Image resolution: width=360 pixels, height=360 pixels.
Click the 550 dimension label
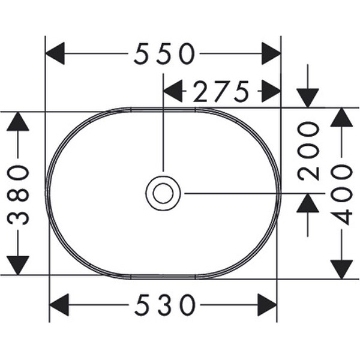pos(164,53)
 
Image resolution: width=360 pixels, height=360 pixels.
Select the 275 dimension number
pos(221,91)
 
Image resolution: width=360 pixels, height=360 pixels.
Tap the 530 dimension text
pos(165,305)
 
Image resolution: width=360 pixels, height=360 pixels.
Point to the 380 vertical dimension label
pos(19,195)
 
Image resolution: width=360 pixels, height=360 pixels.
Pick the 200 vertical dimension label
pos(308,151)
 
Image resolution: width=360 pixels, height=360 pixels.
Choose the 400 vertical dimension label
pos(341,194)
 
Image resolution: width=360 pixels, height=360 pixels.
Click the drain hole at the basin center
pos(163,193)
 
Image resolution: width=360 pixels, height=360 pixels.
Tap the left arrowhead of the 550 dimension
pos(55,53)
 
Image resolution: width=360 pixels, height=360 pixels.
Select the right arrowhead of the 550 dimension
pos(271,53)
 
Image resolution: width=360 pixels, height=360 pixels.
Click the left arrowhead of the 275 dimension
pos(173,91)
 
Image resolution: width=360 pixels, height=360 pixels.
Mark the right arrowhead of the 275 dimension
pos(271,91)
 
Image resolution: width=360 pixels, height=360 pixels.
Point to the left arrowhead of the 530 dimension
pos(59,305)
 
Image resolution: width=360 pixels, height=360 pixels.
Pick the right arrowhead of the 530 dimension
pos(267,305)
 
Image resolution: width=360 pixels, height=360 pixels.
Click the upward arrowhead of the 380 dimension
pos(18,121)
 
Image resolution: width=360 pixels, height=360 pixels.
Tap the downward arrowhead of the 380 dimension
pos(18,265)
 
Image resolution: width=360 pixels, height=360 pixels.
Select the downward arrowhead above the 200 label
pos(308,98)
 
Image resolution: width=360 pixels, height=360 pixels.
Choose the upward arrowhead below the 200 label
pos(308,203)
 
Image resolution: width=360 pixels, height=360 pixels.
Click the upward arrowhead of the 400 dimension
pos(341,117)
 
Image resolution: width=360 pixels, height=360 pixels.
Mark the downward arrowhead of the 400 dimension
pos(341,269)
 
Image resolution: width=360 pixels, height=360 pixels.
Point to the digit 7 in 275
pos(221,91)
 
